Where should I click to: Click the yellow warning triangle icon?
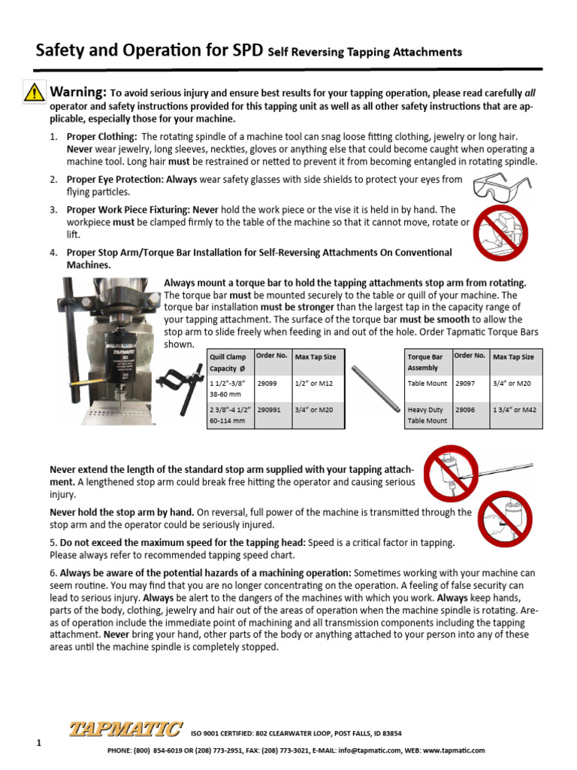pyautogui.click(x=34, y=92)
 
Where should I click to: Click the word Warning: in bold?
pyautogui.click(x=77, y=92)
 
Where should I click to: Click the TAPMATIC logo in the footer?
pyautogui.click(x=125, y=729)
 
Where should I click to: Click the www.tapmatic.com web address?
pyautogui.click(x=454, y=750)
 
